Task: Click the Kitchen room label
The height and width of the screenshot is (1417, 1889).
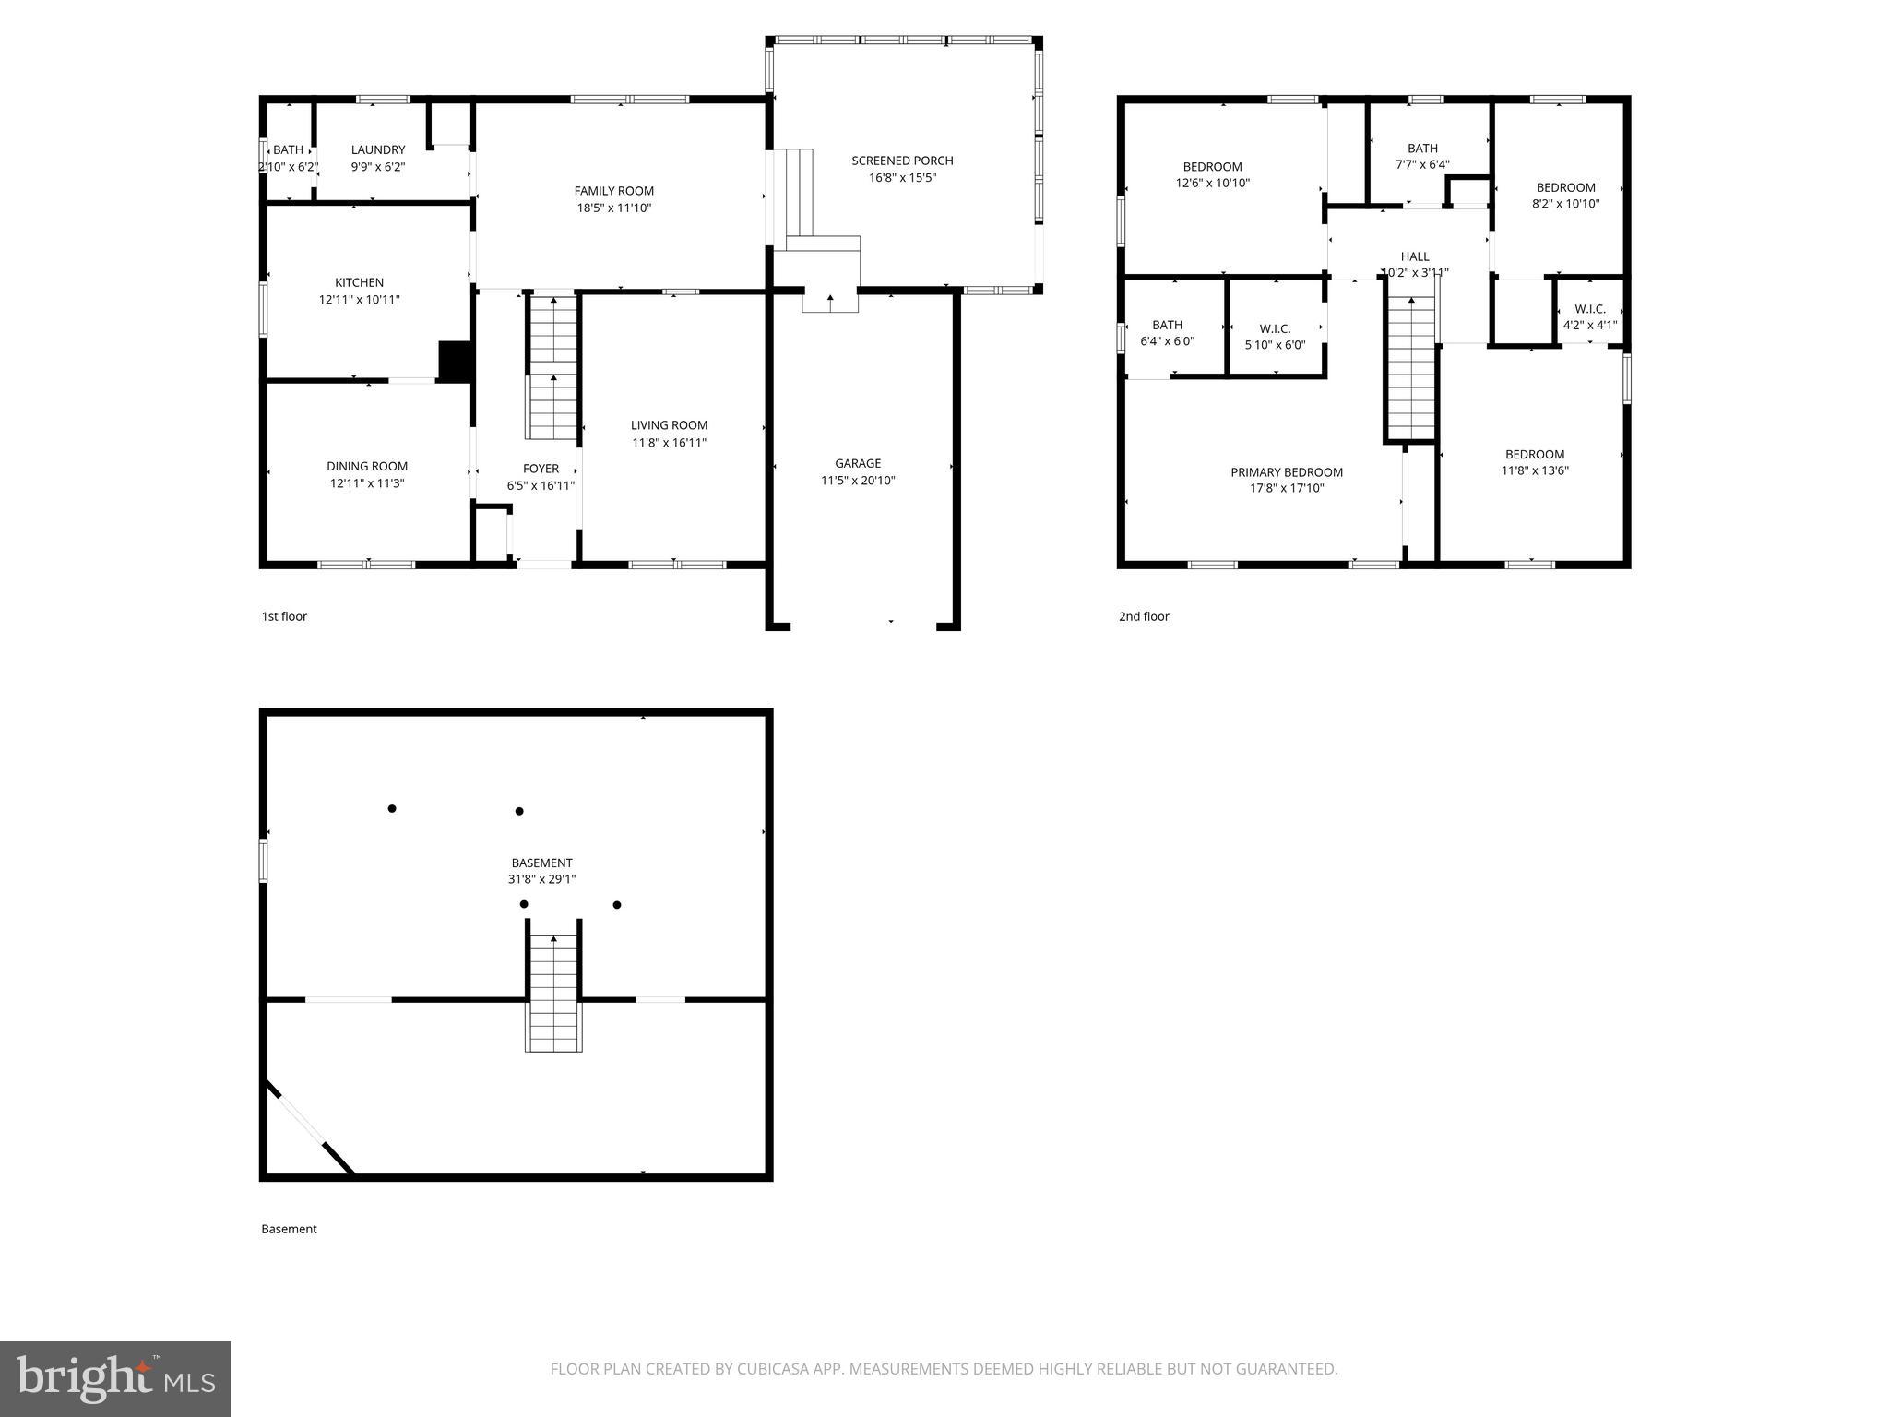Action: coord(359,282)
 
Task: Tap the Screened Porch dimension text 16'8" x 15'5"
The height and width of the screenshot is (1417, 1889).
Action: coord(902,177)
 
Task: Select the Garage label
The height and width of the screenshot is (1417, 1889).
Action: coord(858,463)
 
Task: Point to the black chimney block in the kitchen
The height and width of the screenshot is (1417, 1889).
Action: coord(455,361)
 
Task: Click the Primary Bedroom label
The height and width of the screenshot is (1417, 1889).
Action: coord(1287,472)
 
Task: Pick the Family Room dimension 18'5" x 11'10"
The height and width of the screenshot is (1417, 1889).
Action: coord(614,208)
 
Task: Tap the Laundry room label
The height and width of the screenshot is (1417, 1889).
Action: coord(378,149)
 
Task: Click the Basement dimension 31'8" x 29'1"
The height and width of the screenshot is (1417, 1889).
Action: coord(541,879)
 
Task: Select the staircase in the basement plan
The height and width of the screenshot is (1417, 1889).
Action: coord(553,993)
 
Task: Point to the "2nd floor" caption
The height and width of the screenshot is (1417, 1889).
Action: coord(1144,616)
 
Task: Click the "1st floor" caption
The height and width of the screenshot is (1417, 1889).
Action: coord(284,616)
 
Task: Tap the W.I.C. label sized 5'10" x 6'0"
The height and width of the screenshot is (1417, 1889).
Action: coord(1275,328)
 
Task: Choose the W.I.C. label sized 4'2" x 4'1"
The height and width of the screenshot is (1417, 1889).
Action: coord(1590,309)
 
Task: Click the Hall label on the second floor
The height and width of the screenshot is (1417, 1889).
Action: coord(1415,256)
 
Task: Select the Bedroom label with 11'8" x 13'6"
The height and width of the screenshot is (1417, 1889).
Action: coord(1535,454)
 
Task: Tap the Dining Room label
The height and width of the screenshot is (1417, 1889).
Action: coord(367,466)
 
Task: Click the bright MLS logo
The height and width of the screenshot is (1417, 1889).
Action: coord(115,1378)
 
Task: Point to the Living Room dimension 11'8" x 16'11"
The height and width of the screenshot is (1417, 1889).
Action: coord(670,442)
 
